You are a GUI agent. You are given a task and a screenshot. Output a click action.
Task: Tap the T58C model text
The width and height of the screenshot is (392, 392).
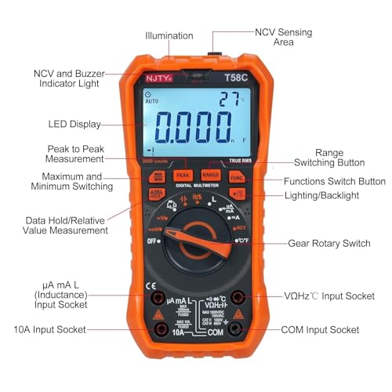click(235, 78)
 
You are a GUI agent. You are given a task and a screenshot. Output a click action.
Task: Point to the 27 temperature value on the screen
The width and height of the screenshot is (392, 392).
click(229, 100)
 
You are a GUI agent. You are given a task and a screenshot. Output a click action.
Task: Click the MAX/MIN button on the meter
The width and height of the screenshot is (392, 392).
click(158, 178)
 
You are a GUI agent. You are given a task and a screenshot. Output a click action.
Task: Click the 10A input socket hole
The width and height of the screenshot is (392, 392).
click(159, 330)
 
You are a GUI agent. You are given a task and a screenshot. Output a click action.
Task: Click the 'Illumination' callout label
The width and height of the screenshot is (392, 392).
click(169, 35)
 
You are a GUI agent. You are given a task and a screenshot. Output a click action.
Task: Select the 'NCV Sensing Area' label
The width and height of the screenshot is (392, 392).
click(283, 38)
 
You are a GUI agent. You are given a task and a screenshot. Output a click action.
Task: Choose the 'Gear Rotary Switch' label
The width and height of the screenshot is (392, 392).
click(328, 243)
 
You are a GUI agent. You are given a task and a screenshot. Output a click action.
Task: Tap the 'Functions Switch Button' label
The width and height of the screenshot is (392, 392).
click(335, 181)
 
